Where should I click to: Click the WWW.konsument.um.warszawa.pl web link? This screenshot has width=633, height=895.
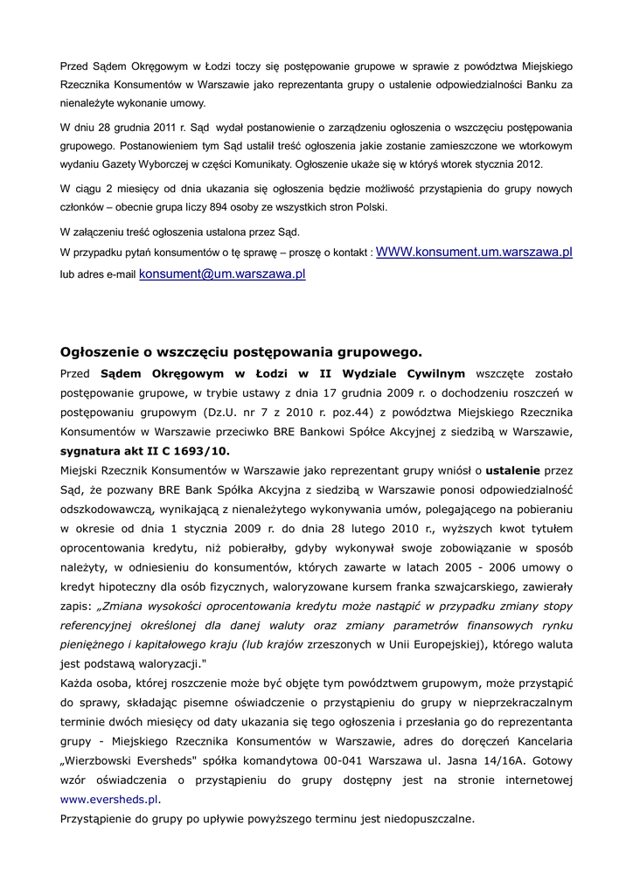[474, 252]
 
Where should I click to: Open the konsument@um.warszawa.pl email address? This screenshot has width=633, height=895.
[222, 274]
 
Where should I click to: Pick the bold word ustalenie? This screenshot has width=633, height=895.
[514, 472]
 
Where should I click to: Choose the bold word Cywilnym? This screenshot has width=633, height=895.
[430, 373]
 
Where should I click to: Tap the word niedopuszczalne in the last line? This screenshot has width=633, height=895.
[426, 819]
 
